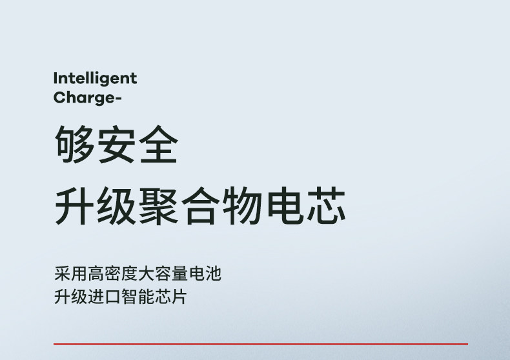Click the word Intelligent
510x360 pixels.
95,79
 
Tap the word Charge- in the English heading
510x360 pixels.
87,98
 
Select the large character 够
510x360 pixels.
74,144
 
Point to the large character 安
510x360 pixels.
116,144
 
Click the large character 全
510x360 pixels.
158,144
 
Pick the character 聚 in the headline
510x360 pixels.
158,206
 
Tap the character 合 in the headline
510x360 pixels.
200,206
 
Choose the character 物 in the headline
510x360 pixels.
242,206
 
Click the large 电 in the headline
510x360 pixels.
285,206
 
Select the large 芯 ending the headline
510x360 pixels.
326,206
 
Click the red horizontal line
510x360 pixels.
261,344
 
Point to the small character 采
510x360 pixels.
62,274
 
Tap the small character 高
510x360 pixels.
96,274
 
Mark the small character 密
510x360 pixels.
113,274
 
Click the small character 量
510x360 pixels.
180,274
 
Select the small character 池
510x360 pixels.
214,274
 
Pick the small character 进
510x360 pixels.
96,297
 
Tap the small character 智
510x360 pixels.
130,297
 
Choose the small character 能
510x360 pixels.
147,297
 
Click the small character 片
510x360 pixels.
180,297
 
